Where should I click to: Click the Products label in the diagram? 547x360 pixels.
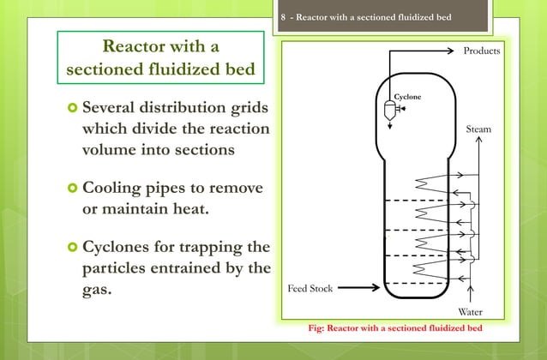pyautogui.click(x=481, y=52)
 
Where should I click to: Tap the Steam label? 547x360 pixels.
pyautogui.click(x=478, y=129)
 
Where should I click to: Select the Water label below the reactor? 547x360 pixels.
pyautogui.click(x=471, y=313)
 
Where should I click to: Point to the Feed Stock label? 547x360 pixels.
pyautogui.click(x=310, y=288)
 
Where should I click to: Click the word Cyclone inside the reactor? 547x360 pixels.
pyautogui.click(x=407, y=97)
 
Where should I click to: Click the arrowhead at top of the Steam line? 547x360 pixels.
pyautogui.click(x=478, y=141)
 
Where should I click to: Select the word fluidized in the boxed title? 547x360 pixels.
pyautogui.click(x=175, y=69)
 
